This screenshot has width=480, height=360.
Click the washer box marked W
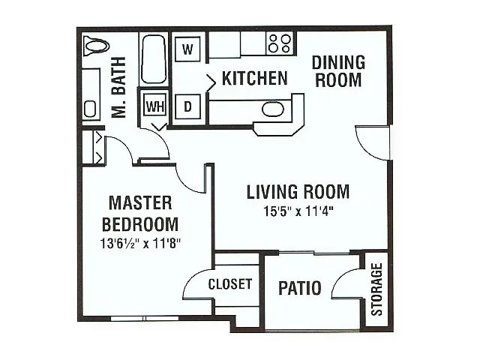click(189, 50)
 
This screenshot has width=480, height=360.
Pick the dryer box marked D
click(189, 107)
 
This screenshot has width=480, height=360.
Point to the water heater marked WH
click(154, 106)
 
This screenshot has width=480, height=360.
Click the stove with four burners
click(280, 43)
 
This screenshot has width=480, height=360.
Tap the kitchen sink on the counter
click(273, 109)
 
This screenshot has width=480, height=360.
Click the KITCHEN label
click(254, 78)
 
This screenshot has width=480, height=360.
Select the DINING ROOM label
click(338, 70)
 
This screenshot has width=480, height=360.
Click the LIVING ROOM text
click(298, 192)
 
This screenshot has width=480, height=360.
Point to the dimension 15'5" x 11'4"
click(298, 211)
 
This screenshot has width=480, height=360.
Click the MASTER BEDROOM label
click(140, 214)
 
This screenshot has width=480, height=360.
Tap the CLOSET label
click(229, 284)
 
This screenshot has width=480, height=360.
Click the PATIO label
click(300, 288)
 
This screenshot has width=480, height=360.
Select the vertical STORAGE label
click(377, 289)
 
